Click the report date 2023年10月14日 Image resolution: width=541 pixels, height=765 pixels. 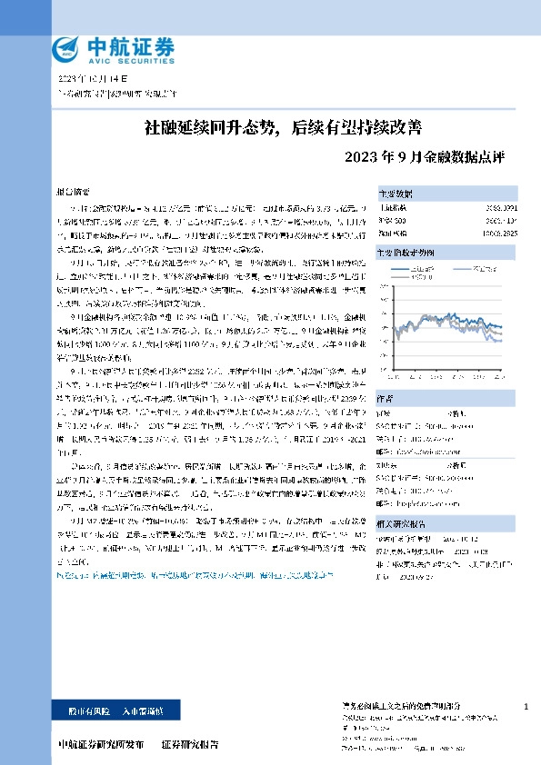pos(91,80)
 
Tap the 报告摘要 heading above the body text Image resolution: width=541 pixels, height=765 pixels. pos(74,194)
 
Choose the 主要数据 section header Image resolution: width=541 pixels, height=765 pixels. pos(396,194)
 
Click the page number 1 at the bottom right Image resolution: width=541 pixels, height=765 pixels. pos(526,706)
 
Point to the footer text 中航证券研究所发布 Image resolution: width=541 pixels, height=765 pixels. pos(100,743)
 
